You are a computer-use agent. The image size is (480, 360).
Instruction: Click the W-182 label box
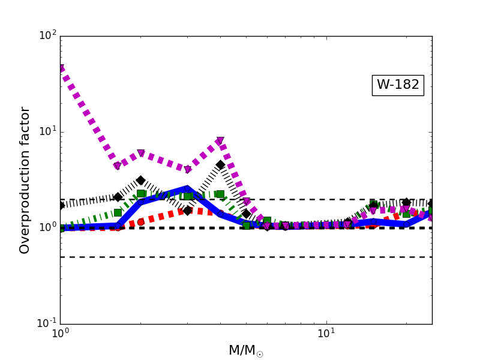[398, 85]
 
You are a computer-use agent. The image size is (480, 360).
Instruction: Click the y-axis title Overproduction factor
[25, 180]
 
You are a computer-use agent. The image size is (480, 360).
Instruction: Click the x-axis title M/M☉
[246, 350]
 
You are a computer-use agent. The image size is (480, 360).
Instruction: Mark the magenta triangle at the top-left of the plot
[61, 69]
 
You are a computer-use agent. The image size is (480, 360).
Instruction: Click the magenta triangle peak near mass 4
[220, 142]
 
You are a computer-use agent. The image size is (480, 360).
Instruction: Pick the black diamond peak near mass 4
[220, 165]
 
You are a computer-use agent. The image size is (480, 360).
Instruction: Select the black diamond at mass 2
[140, 180]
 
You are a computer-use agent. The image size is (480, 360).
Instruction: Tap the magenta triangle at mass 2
[140, 154]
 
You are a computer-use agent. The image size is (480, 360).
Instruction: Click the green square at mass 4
[220, 194]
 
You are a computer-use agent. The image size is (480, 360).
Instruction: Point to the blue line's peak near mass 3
[187, 188]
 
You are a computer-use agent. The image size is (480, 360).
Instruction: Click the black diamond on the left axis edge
[61, 205]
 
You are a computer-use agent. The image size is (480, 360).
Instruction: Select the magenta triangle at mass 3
[187, 170]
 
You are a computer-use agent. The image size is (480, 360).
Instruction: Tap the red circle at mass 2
[140, 222]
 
